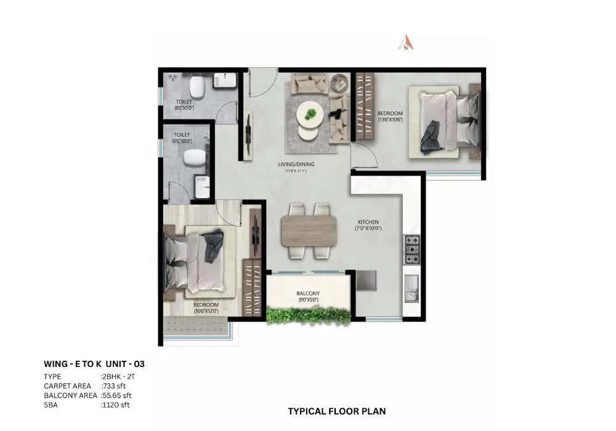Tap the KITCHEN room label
(x=370, y=225)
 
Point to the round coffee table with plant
(x=310, y=115)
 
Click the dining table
(x=309, y=231)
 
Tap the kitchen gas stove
(x=411, y=249)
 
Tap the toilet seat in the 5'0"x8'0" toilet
(x=193, y=157)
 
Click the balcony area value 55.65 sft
(x=116, y=395)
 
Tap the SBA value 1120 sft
(x=115, y=405)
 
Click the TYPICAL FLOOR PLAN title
(x=337, y=411)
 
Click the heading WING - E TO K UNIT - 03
(x=94, y=364)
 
